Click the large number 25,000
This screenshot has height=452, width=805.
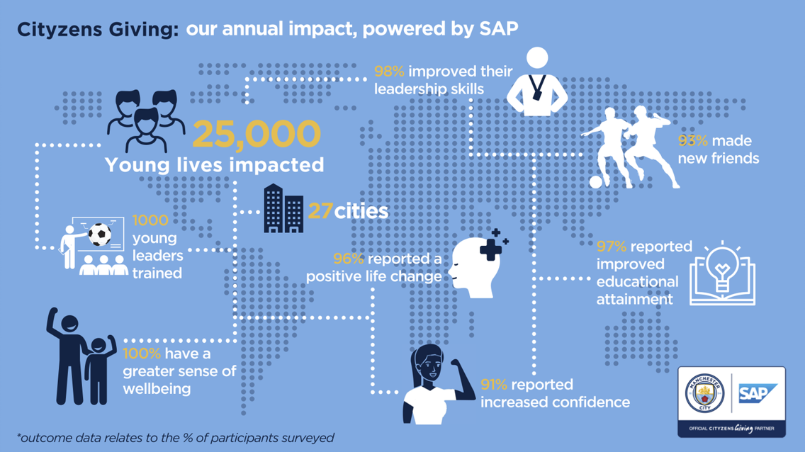(256, 134)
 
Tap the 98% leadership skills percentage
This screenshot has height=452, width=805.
(389, 72)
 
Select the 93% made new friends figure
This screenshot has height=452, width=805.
(687, 141)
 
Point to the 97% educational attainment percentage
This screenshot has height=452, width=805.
(612, 247)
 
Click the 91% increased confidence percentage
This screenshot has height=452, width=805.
(494, 385)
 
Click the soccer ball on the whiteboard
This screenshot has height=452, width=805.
(100, 235)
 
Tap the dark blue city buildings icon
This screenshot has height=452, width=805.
(283, 208)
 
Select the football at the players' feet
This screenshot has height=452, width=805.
(597, 183)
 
